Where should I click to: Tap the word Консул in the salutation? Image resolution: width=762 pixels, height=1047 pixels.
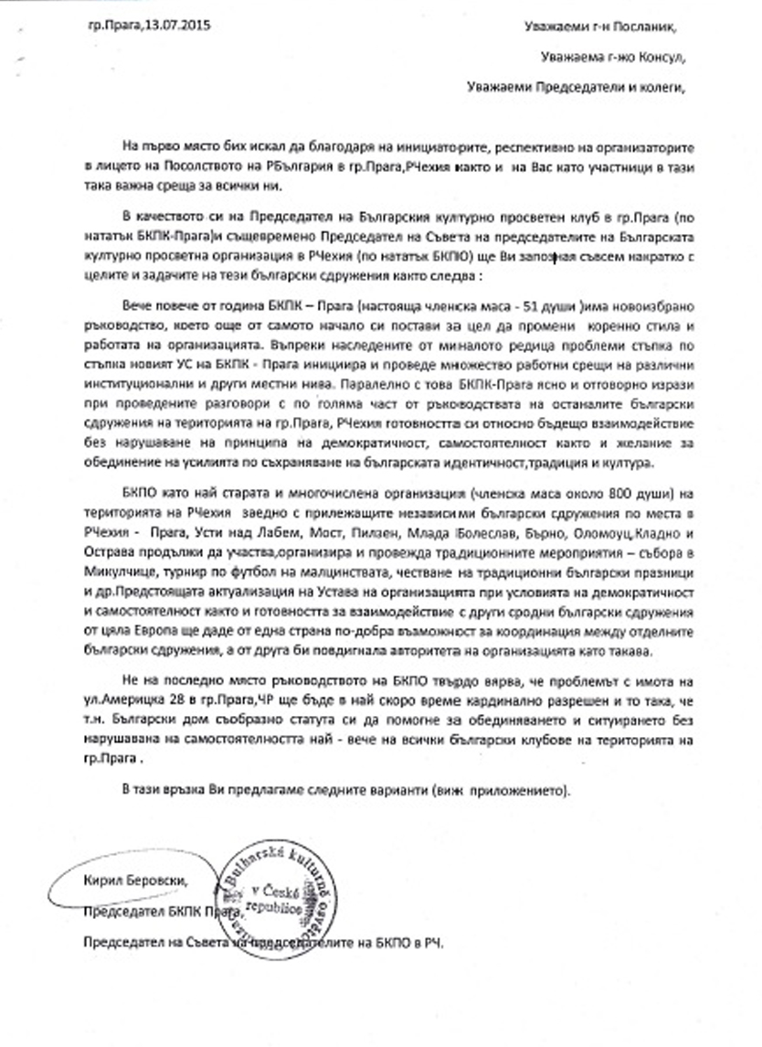coord(657,59)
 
